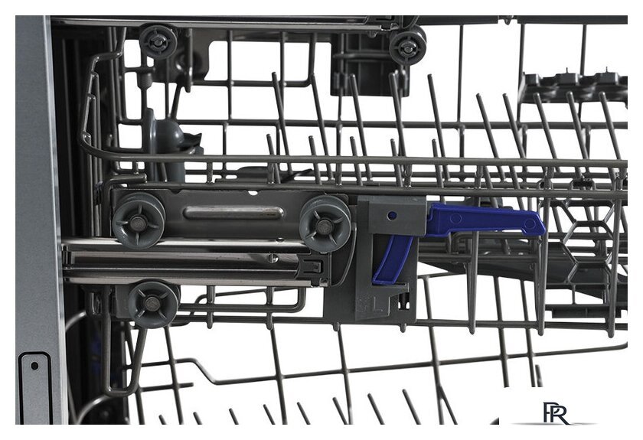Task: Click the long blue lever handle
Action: pyautogui.click(x=484, y=220)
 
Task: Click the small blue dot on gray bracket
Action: pyautogui.click(x=392, y=215)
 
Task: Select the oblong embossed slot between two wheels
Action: pyautogui.click(x=233, y=213)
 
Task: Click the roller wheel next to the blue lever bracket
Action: pyautogui.click(x=325, y=224)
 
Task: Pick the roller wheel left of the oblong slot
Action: pyautogui.click(x=139, y=222)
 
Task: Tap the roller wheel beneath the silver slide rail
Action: pyautogui.click(x=153, y=304)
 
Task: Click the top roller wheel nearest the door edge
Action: pyautogui.click(x=158, y=41)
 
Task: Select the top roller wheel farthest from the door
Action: pyautogui.click(x=407, y=47)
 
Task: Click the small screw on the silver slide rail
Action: pyautogui.click(x=273, y=259)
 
